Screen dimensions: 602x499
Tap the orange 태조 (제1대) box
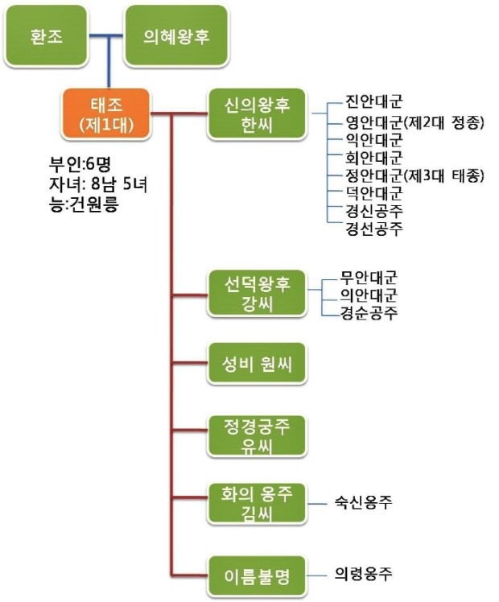coord(106,114)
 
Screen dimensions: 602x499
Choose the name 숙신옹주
coord(364,503)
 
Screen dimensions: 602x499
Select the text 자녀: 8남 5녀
coord(98,185)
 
